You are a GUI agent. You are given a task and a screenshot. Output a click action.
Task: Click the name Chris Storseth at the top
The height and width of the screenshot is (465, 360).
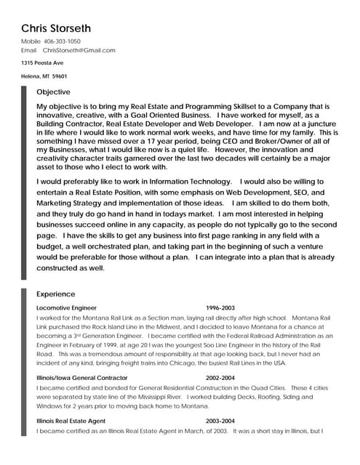56,28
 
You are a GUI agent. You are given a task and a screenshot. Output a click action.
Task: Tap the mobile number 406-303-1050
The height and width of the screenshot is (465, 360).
62,42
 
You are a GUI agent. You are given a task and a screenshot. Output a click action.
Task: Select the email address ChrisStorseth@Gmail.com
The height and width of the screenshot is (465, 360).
79,51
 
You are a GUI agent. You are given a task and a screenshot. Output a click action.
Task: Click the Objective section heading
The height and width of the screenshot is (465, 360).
53,92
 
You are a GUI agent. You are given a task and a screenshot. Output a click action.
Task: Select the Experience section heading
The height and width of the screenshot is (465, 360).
55,294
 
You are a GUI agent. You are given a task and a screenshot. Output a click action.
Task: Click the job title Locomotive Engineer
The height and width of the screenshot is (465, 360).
66,308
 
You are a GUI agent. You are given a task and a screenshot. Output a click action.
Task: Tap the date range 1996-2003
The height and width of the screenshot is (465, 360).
220,308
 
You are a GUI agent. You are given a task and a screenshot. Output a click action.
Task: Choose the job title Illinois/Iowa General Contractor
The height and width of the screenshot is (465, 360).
81,379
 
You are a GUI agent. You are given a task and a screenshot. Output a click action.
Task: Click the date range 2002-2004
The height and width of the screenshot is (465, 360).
220,379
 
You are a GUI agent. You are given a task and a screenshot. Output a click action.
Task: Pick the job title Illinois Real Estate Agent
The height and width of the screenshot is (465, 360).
71,421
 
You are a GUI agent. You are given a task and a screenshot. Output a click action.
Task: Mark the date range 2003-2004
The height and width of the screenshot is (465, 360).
220,421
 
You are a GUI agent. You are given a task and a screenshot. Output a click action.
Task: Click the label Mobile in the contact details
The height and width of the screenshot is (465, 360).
31,42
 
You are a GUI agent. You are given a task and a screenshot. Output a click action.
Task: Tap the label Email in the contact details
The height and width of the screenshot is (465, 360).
28,51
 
